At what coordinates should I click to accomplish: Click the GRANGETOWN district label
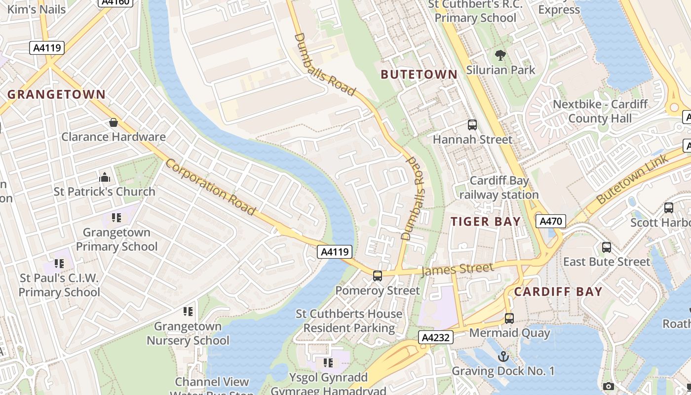pyautogui.click(x=56, y=94)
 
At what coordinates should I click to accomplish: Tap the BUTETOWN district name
pyautogui.click(x=419, y=75)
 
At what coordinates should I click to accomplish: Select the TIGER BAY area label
pyautogui.click(x=486, y=222)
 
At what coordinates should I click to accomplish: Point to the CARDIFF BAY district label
pyautogui.click(x=558, y=291)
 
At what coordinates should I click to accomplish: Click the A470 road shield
pyautogui.click(x=551, y=221)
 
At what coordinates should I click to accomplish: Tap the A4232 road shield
pyautogui.click(x=436, y=338)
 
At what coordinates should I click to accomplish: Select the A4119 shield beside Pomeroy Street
pyautogui.click(x=335, y=252)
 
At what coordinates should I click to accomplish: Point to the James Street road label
pyautogui.click(x=457, y=270)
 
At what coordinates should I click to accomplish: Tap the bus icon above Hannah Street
pyautogui.click(x=472, y=125)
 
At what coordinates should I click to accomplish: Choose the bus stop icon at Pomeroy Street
pyautogui.click(x=378, y=276)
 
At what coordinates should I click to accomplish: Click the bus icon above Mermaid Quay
pyautogui.click(x=509, y=318)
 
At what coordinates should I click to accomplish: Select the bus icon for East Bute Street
pyautogui.click(x=607, y=247)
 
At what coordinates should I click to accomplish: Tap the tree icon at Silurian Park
pyautogui.click(x=500, y=55)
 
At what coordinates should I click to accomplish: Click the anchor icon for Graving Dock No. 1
pyautogui.click(x=503, y=356)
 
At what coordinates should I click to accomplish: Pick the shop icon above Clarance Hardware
pyautogui.click(x=114, y=122)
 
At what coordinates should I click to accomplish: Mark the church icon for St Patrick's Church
pyautogui.click(x=105, y=177)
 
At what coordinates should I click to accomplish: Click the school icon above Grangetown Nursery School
pyautogui.click(x=188, y=312)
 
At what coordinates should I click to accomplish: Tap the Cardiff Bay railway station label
pyautogui.click(x=499, y=188)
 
